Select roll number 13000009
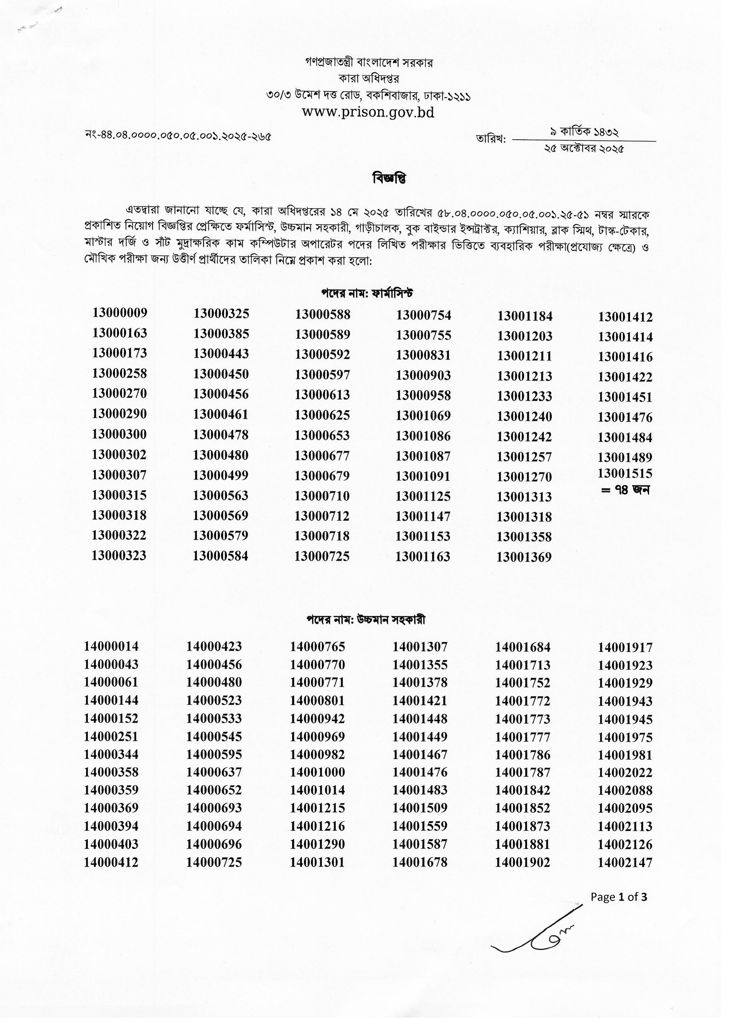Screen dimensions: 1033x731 [120, 313]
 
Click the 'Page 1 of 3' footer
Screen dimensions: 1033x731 [619, 897]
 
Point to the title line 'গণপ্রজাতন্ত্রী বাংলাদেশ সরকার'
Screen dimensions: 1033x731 [369, 62]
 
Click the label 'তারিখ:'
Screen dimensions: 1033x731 [491, 139]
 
